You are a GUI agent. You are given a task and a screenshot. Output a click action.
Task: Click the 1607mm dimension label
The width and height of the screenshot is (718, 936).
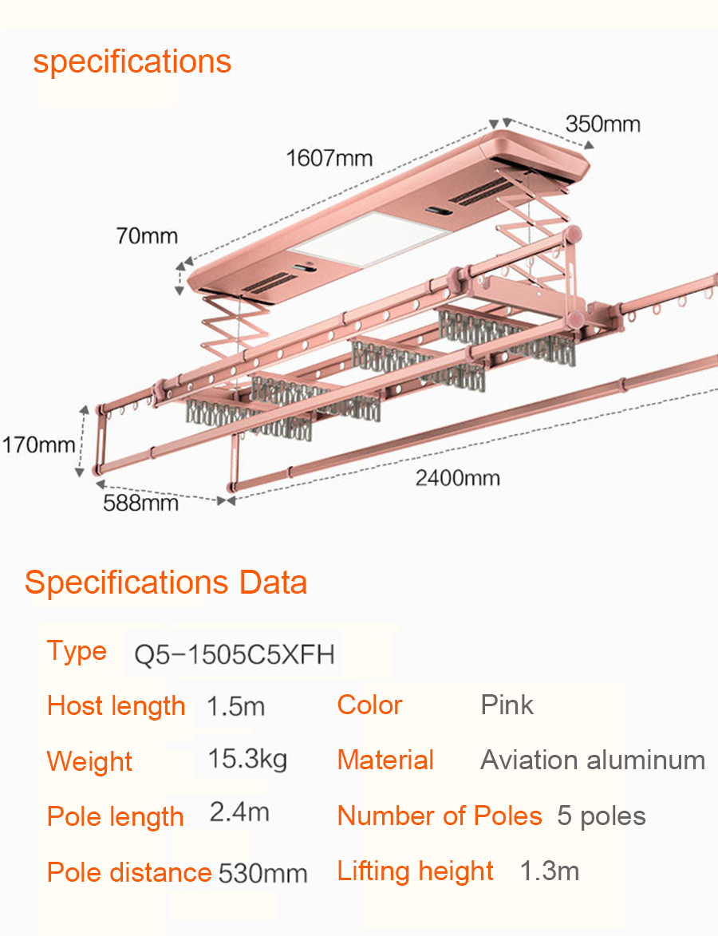pos(329,158)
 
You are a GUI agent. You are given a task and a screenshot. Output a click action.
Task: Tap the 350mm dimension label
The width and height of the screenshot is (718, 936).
pos(603,124)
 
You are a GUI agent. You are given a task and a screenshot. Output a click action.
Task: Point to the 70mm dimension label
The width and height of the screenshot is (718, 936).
pos(147,235)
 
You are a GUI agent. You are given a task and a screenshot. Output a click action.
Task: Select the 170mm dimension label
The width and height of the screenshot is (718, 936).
pos(39,444)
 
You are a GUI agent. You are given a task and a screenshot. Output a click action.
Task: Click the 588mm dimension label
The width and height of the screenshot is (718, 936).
pos(141,503)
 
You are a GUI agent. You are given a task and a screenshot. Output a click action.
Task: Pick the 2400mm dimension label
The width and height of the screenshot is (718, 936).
pos(458,478)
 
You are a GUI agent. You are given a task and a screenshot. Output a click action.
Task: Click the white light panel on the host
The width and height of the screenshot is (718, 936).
pos(371,239)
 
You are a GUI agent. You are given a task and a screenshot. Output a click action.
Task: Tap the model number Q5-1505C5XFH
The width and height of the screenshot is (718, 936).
pos(234,655)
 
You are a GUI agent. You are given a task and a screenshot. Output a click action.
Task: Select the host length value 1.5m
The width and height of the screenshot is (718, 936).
pos(235,706)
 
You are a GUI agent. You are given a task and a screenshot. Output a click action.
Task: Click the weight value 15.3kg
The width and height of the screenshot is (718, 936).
pos(247,760)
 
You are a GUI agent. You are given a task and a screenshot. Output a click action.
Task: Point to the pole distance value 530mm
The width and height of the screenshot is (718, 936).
pos(262,873)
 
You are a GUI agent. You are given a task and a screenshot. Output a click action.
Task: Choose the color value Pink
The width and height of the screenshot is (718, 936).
pos(507,705)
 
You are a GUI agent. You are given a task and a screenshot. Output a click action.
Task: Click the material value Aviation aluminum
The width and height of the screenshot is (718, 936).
pos(593,760)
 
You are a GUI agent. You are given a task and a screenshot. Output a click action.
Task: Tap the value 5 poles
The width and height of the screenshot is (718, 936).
pos(601,816)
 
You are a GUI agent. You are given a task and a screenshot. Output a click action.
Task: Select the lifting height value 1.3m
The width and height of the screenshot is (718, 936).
pos(549,871)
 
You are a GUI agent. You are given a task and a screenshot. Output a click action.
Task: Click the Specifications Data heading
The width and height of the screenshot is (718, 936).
pos(166,583)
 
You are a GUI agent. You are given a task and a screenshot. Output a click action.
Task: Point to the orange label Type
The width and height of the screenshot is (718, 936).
pos(77,652)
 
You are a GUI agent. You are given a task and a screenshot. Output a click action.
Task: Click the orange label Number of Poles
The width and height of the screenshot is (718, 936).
pos(440,816)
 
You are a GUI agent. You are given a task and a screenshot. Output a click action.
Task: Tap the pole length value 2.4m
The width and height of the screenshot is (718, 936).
pos(239,812)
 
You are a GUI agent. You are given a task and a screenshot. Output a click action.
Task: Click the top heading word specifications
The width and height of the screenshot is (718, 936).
pos(132,62)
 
